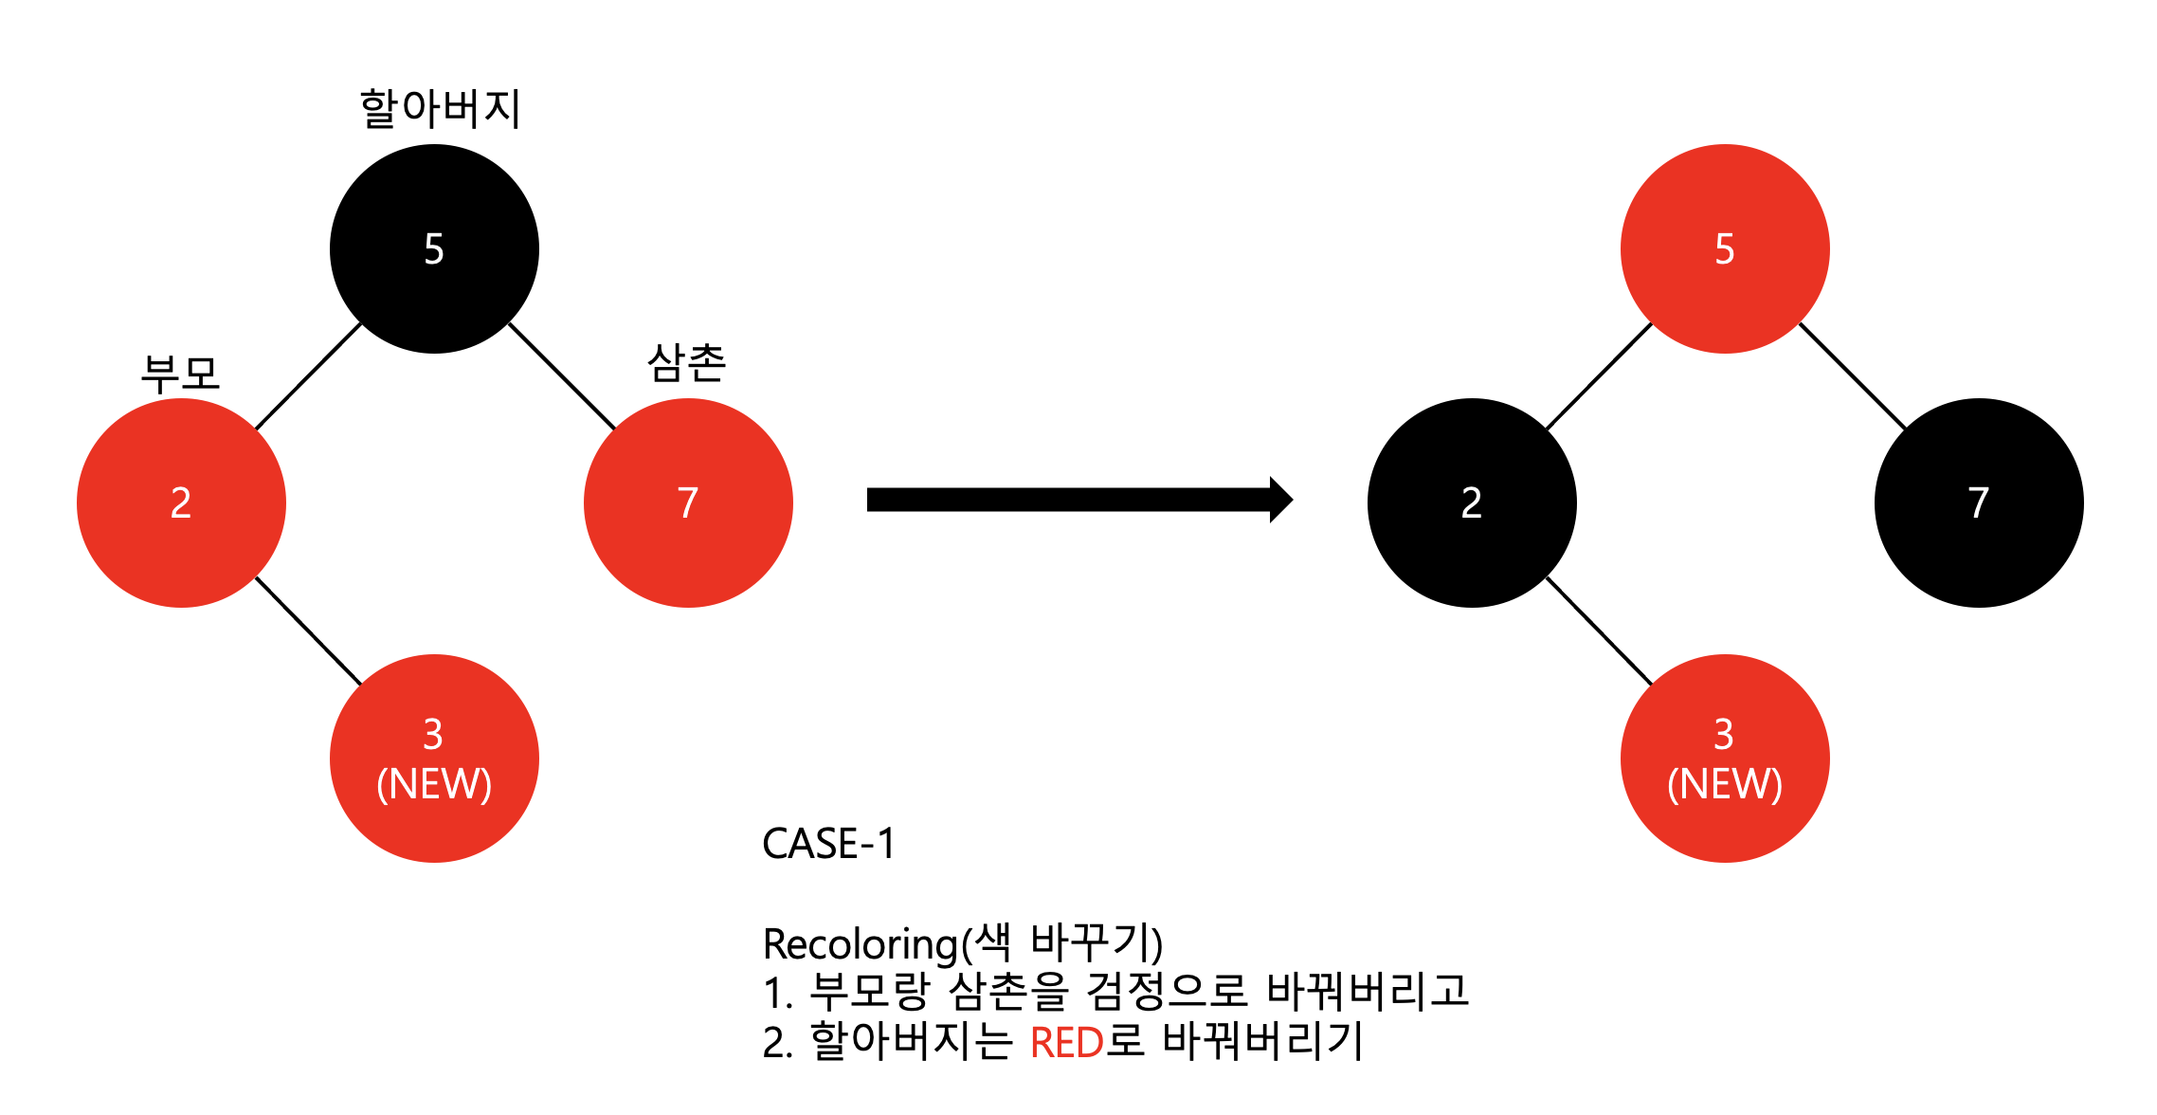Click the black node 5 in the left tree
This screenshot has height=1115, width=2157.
(x=434, y=248)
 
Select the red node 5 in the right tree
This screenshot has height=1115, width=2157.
(x=1725, y=248)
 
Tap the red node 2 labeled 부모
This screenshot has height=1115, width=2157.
(x=181, y=503)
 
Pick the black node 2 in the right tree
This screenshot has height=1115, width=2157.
(x=1472, y=503)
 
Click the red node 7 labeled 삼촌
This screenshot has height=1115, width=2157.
(x=688, y=503)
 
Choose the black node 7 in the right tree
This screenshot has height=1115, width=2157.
(x=1979, y=503)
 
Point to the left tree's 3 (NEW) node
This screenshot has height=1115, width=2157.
(x=434, y=759)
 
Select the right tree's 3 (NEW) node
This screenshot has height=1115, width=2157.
(x=1725, y=759)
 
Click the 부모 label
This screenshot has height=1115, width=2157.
(x=180, y=374)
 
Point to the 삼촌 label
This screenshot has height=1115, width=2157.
(x=687, y=363)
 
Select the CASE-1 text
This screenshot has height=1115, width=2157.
(x=828, y=844)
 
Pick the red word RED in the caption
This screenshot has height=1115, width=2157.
(x=1066, y=1043)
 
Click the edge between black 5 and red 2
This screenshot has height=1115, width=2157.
(x=308, y=376)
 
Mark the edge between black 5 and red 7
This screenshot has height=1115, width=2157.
(x=562, y=376)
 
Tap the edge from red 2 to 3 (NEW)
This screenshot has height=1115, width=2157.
(x=309, y=631)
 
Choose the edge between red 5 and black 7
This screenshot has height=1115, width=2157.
(x=1853, y=376)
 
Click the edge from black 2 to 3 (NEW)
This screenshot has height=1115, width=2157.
(x=1600, y=631)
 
